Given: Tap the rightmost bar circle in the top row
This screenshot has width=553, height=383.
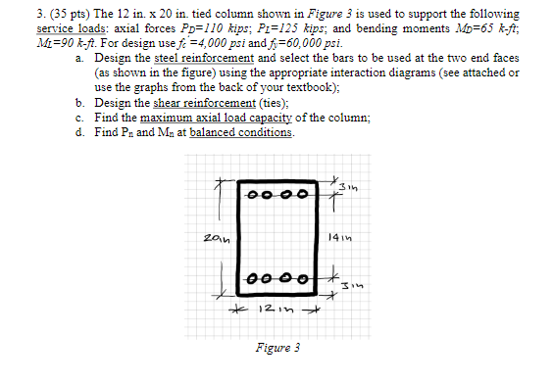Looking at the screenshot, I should [x=302, y=194].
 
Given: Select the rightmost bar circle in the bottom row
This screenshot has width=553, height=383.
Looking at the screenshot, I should [x=303, y=278].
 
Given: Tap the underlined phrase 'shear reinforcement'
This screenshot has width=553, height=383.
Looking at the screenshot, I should [x=176, y=100].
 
